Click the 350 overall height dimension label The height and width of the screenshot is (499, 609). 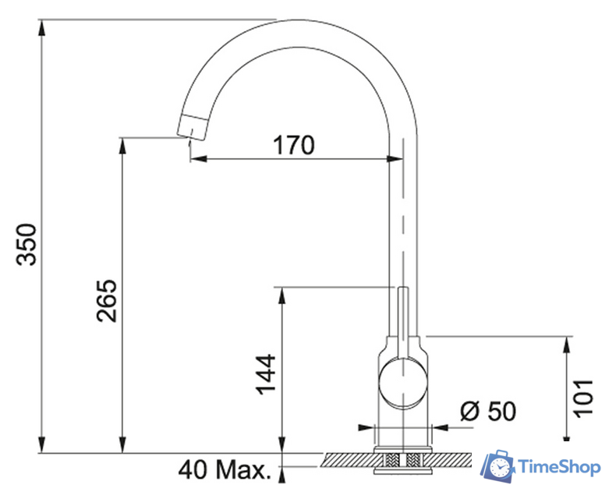coord(27,244)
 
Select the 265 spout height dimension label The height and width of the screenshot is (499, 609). coord(106,300)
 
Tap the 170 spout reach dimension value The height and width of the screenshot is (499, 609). coord(294,145)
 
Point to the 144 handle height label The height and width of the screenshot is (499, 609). coord(265,374)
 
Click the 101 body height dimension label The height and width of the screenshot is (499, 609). coord(584,398)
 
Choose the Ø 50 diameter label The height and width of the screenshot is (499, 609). coord(488,411)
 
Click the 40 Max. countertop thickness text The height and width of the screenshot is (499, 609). coord(225,469)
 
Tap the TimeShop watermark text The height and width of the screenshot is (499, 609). coord(559,467)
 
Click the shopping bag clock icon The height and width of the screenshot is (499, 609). coord(498,467)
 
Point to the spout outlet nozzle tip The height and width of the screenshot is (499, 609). coord(192,126)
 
